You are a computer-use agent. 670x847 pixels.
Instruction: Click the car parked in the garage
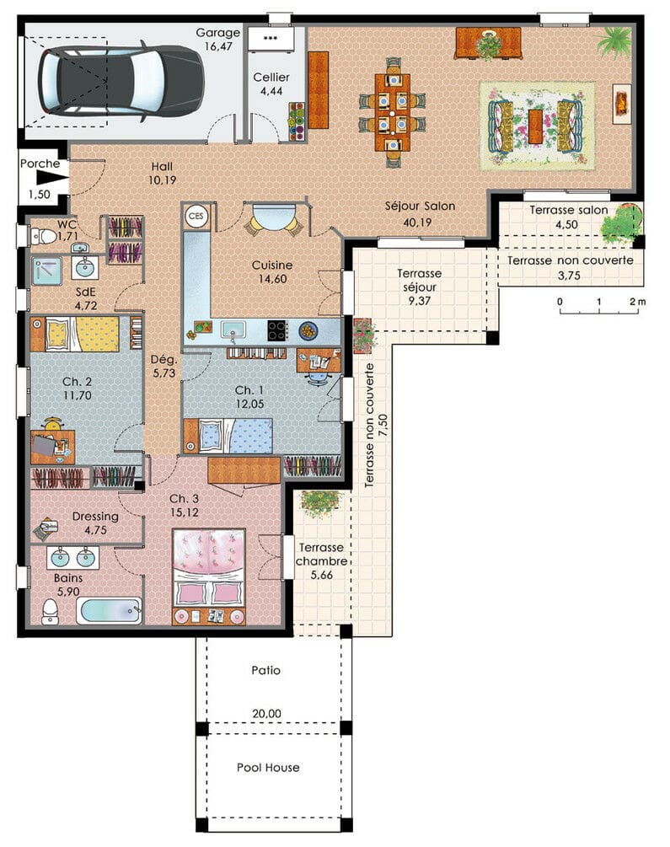(121, 81)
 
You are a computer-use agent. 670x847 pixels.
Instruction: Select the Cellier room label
(271, 78)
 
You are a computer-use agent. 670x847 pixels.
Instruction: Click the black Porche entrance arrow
(52, 179)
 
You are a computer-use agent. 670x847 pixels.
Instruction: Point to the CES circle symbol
(196, 215)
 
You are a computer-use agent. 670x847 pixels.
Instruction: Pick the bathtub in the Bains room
(109, 610)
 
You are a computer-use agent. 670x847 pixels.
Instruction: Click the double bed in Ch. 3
(208, 569)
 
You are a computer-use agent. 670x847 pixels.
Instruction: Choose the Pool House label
(266, 768)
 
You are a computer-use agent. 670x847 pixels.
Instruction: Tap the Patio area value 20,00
(266, 713)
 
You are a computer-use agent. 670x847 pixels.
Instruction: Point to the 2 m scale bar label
(638, 301)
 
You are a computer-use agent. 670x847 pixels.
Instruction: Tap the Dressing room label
(94, 517)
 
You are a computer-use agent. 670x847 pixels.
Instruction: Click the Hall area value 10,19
(162, 180)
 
